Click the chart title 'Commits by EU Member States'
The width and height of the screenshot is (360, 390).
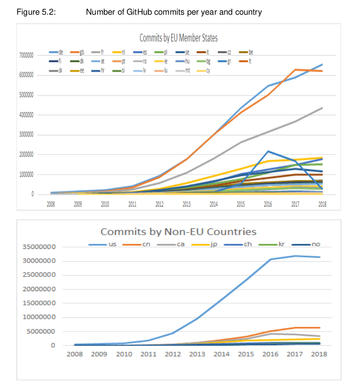[x=178, y=38]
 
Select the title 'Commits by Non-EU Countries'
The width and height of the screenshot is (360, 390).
[x=178, y=232]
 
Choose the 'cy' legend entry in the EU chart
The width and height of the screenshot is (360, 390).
[x=208, y=70]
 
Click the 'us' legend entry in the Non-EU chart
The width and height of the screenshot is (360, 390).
[x=111, y=244]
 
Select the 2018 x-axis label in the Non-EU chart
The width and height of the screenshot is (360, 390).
[x=319, y=354]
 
